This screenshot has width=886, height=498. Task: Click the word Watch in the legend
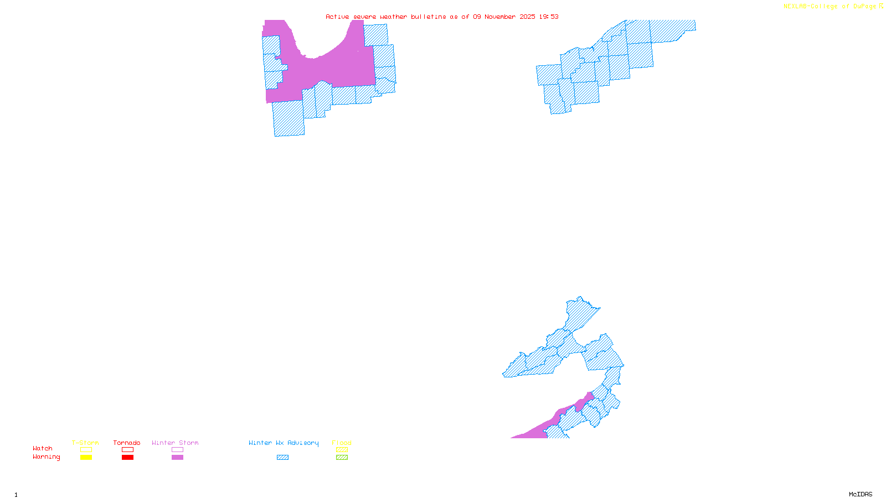tap(43, 448)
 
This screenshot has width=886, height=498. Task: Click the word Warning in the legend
tap(46, 457)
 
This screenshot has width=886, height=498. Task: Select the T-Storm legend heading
tap(85, 443)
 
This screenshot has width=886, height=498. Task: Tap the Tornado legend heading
tap(127, 443)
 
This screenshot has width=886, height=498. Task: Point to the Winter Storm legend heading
tap(175, 443)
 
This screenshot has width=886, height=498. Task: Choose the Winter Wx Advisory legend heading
tap(284, 443)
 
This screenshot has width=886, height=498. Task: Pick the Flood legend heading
tap(342, 443)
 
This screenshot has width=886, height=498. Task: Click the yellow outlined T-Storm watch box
tap(86, 450)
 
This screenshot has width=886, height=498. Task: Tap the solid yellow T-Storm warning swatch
tap(86, 458)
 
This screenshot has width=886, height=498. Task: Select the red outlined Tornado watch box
tap(127, 450)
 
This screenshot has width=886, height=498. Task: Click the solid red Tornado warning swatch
tap(127, 458)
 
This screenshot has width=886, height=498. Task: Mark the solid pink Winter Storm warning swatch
tap(177, 458)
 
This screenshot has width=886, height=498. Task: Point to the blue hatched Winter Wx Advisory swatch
tap(282, 458)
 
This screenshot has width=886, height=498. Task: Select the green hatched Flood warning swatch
tap(342, 458)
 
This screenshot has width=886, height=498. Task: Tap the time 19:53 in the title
tap(549, 17)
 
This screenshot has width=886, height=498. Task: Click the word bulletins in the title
tap(429, 17)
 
